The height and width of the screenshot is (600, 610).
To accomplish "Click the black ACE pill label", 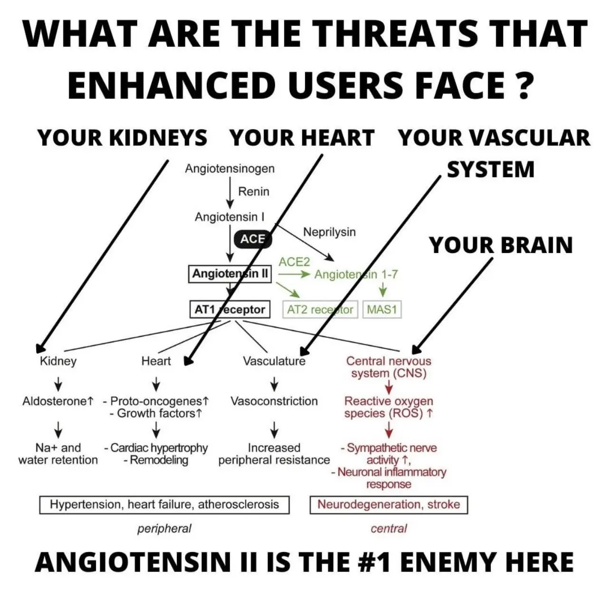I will (x=252, y=239).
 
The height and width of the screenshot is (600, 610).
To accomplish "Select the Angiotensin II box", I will (x=230, y=274).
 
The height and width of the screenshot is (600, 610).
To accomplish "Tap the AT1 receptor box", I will (x=230, y=310).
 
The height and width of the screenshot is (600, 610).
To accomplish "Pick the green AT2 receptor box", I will (x=320, y=310).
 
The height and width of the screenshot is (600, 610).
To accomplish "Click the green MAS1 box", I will (x=382, y=310).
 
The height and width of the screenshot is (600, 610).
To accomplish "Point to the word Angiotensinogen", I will (x=229, y=168).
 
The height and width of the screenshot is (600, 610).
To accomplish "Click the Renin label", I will (x=253, y=192).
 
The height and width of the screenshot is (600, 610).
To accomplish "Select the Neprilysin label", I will (x=329, y=232).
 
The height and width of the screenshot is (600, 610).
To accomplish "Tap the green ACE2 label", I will (x=294, y=261).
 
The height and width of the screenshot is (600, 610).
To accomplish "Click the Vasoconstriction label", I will (x=274, y=401).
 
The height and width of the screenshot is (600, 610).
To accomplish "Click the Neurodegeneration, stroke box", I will (x=389, y=504).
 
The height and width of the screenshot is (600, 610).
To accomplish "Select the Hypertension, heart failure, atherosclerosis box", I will (x=164, y=504).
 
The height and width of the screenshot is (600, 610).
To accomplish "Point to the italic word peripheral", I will (x=164, y=528).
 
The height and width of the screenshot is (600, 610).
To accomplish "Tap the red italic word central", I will (x=389, y=528).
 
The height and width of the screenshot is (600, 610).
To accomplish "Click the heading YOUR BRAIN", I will (x=501, y=245).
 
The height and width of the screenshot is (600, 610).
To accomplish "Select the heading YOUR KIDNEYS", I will (x=122, y=138).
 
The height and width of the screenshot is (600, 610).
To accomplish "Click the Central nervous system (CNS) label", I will (x=389, y=367).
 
